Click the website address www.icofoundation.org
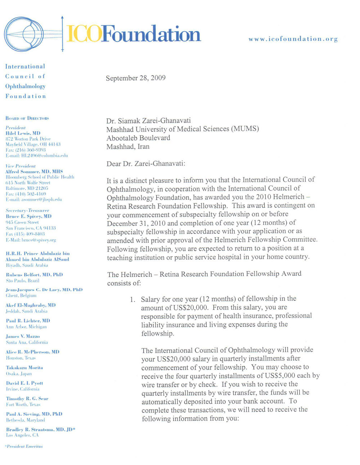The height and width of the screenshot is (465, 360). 293,39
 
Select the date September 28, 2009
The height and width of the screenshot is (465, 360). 136,78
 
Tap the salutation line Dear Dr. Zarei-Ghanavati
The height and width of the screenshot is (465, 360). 146,164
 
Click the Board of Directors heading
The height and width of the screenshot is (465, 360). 27,118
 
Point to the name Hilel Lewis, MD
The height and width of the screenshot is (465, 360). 23,133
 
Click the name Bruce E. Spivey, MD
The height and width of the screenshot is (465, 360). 29,216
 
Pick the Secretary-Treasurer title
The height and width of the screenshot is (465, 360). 27,211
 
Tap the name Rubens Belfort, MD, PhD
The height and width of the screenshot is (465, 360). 34,275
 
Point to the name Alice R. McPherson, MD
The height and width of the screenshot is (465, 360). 32,352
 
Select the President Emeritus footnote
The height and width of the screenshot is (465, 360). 24,446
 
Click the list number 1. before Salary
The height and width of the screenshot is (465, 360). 133,299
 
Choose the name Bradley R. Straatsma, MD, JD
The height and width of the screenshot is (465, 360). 40,430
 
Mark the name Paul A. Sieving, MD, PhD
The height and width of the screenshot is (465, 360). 34,414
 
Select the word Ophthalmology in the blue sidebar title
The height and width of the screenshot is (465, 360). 25,86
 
